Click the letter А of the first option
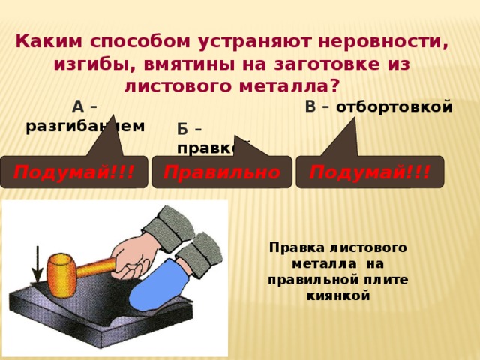[x=78, y=106]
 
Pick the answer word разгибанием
[x=85, y=126]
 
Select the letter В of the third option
[x=310, y=106]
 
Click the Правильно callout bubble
[x=222, y=172]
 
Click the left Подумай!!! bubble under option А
[x=74, y=172]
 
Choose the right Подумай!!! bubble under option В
[x=370, y=172]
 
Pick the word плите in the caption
[x=389, y=279]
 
